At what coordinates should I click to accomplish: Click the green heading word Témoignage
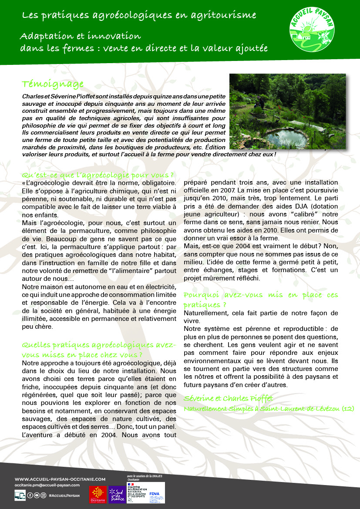click(53, 84)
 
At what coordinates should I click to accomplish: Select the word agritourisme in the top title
click(222, 16)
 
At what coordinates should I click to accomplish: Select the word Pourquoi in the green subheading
click(201, 295)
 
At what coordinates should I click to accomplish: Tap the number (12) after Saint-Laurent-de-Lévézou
click(347, 408)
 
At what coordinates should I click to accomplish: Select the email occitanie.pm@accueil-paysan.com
click(47, 485)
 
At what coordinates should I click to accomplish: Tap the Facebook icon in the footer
click(30, 495)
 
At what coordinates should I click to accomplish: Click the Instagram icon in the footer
click(43, 495)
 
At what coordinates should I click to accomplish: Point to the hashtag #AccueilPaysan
click(64, 496)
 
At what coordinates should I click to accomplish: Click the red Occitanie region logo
click(98, 494)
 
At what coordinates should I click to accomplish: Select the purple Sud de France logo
click(116, 494)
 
